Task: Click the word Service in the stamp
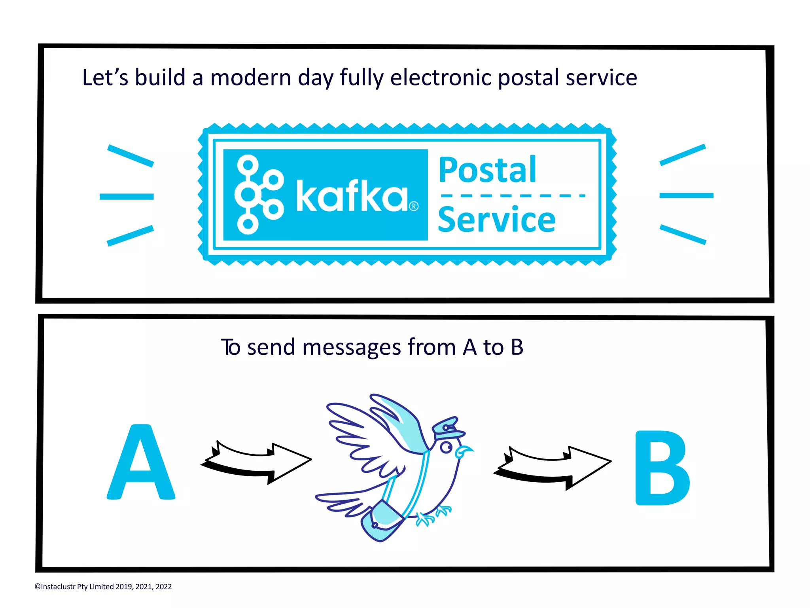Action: (497, 220)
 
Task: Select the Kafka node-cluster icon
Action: (259, 195)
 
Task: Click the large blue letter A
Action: (141, 462)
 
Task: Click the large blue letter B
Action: (662, 468)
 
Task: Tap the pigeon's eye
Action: (447, 447)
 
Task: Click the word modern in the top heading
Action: (251, 78)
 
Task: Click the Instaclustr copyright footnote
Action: (103, 587)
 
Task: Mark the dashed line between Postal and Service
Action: (513, 195)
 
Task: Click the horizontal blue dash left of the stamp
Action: (127, 197)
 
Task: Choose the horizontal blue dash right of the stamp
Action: (686, 195)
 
